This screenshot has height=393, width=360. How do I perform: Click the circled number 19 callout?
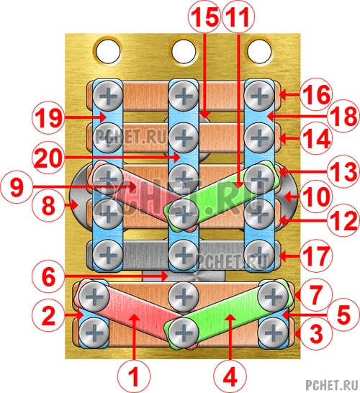click(x=48, y=117)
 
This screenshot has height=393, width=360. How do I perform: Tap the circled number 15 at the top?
click(x=204, y=17)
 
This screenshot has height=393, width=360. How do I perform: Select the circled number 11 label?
click(x=238, y=17)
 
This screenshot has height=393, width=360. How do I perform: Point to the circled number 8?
click(x=48, y=206)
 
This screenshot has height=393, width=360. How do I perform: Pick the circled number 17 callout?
click(x=316, y=256)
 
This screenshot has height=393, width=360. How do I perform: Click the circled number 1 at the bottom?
click(x=134, y=376)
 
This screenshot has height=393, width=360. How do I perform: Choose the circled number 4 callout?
click(x=230, y=376)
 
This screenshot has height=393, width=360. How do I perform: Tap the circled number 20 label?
click(x=48, y=158)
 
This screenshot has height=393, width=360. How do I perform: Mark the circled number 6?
click(x=48, y=276)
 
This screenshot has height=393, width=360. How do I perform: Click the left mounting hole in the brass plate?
click(x=108, y=51)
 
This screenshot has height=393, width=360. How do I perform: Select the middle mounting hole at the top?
click(x=184, y=51)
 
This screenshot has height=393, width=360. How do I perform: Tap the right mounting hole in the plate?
click(x=259, y=51)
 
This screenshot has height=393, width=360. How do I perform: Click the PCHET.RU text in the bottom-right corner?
click(x=332, y=385)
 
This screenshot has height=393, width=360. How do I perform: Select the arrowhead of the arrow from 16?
click(x=282, y=95)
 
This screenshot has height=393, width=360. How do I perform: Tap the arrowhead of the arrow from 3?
click(x=297, y=334)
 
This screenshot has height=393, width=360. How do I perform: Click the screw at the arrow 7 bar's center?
click(x=184, y=297)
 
